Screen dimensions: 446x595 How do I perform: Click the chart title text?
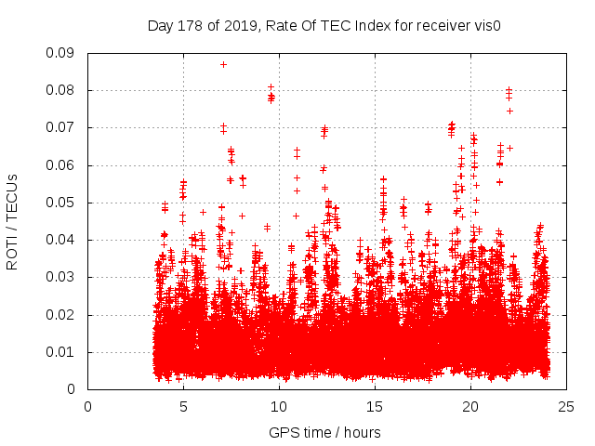[324, 26]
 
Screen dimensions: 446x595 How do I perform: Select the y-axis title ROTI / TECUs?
[13, 221]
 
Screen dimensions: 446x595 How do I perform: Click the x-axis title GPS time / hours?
[324, 432]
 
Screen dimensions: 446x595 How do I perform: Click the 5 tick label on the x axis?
[183, 406]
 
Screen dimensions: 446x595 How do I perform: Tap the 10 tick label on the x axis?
[279, 406]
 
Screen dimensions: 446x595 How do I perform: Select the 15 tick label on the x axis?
[375, 406]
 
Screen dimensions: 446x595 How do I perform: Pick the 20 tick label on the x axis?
[470, 406]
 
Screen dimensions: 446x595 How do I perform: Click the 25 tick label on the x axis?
[566, 406]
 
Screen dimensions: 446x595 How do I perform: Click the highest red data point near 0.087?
[223, 64]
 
